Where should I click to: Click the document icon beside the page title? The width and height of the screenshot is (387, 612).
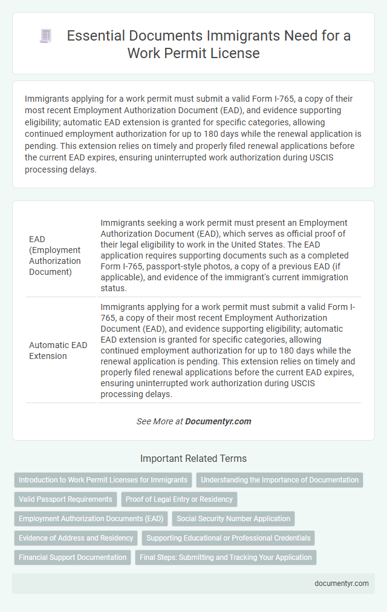pos(45,36)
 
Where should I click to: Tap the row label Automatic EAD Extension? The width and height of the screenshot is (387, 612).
pos(58,350)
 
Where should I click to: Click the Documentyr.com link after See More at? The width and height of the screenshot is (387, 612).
pos(218,421)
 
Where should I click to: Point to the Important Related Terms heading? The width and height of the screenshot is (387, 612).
pos(193,458)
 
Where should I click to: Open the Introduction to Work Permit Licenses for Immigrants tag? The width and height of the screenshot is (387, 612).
pos(103,480)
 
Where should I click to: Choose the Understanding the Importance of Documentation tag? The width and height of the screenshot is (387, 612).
pos(279,480)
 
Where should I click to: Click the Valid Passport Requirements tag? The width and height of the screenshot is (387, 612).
pos(66,499)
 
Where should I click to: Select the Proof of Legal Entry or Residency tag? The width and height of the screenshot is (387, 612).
pos(180,499)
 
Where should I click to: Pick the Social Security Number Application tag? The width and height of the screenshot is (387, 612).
pos(232,519)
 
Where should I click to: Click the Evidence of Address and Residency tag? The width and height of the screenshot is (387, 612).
pos(76,538)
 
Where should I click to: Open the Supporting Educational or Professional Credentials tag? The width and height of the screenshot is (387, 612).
pos(228,538)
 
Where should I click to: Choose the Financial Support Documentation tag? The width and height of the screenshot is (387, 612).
pos(73,558)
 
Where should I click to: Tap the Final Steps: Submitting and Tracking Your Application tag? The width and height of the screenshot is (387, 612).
pos(226,558)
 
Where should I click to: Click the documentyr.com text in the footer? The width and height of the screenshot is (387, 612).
pos(342,583)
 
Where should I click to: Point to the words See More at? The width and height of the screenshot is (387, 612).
pos(159,421)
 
